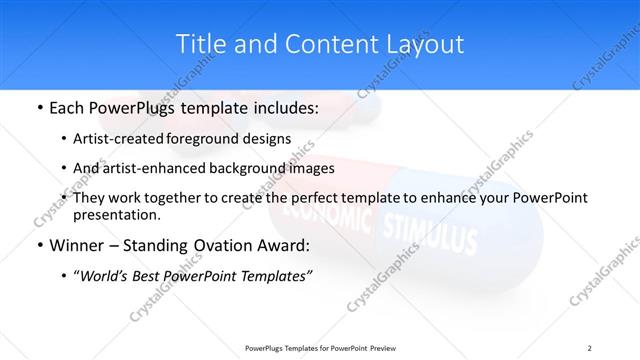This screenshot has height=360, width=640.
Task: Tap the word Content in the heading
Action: pos(322,44)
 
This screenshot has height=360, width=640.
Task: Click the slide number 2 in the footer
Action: pos(590,348)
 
